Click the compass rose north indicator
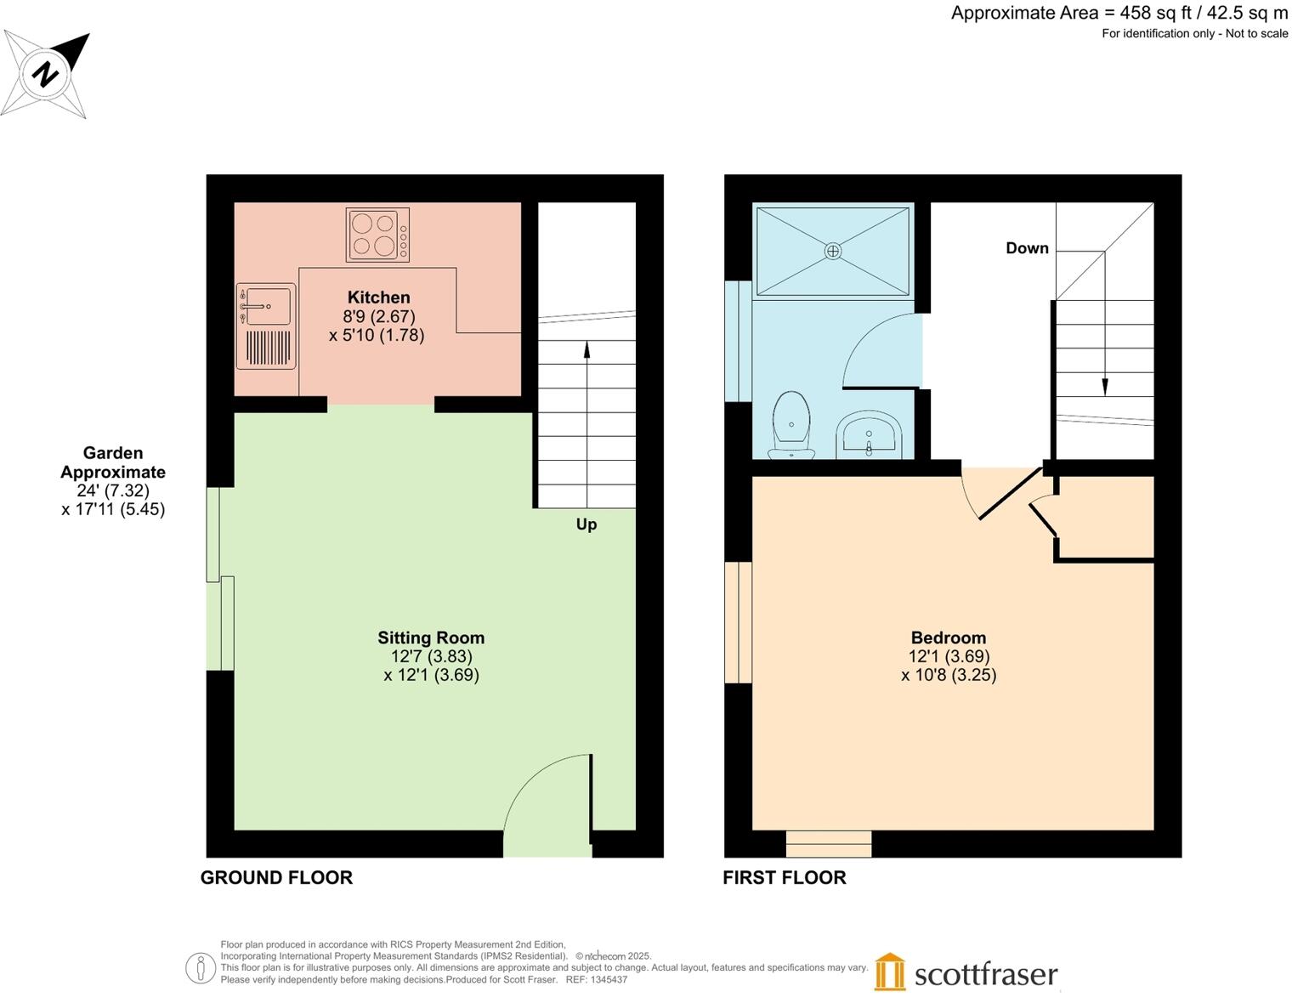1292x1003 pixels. pos(46,75)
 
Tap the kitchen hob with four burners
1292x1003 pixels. pos(377,234)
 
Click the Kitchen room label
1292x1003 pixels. pos(378,297)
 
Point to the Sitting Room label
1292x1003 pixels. pos(431,637)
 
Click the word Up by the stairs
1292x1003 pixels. pos(586,524)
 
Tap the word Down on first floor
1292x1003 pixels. pos(1027,248)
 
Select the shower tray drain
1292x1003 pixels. pos(833,251)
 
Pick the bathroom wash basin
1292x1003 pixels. pos(868,435)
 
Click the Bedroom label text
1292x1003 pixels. pos(948,637)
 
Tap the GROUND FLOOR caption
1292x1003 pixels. pos(276,878)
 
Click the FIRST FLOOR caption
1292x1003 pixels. pos(784,878)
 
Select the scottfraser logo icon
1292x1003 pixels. pos(890,972)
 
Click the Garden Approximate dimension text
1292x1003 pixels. pos(113,481)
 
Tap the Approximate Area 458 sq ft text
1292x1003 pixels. pos(1119,13)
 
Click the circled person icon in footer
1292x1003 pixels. pos(200,968)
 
